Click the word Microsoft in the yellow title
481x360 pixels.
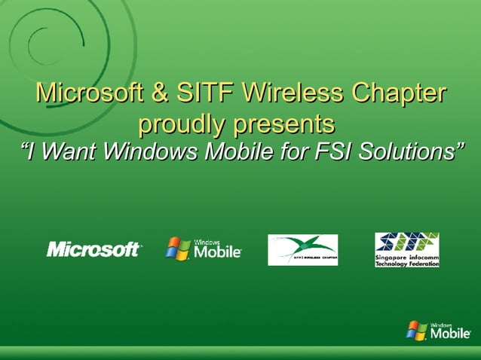[x=90, y=94]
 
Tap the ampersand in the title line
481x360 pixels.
[x=160, y=94]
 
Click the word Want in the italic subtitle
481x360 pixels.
[x=66, y=151]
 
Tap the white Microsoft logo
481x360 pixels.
[x=93, y=249]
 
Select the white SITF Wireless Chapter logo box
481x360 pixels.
[x=302, y=249]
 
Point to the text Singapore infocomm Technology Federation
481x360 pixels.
[x=407, y=261]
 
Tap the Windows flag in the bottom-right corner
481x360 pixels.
[x=415, y=330]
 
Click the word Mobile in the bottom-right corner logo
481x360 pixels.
[x=452, y=334]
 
